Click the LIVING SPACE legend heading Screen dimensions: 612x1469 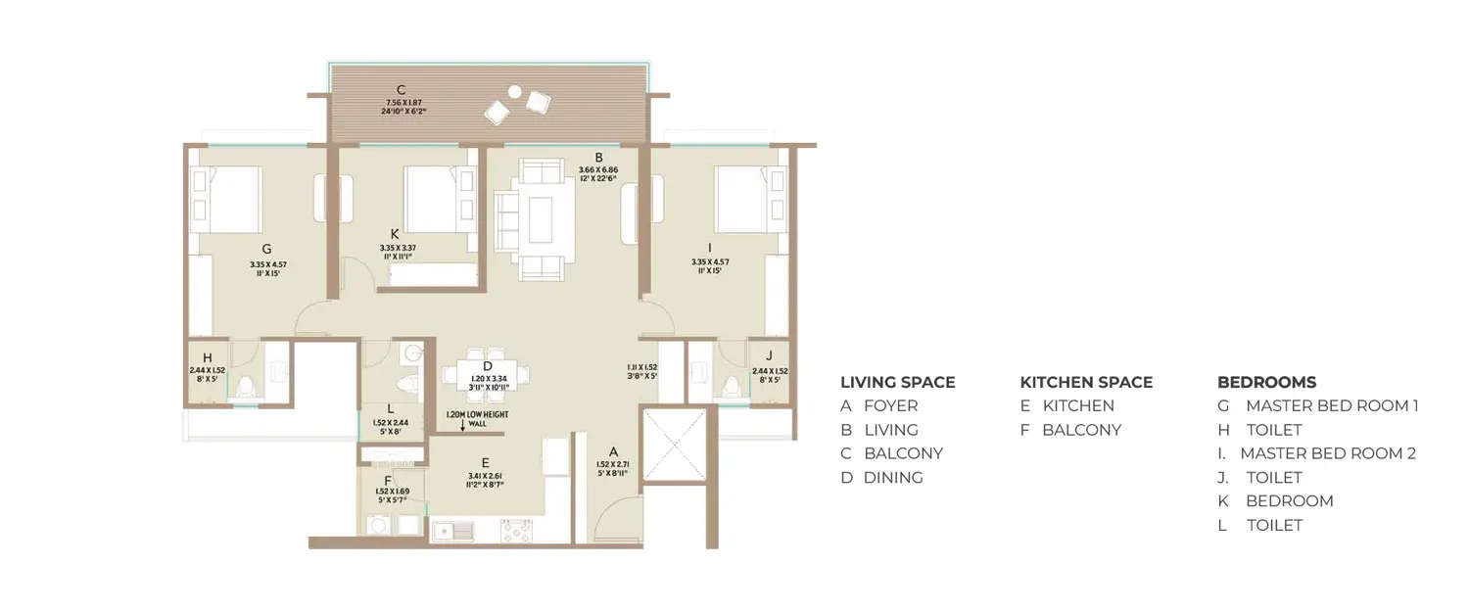(897, 382)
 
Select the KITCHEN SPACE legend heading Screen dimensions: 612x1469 (1086, 382)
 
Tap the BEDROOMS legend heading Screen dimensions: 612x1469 (1266, 382)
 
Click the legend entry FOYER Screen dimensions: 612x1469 (890, 405)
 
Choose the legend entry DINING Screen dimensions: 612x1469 (892, 478)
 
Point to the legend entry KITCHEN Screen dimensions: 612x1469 (1078, 405)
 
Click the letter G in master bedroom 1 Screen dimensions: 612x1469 (266, 249)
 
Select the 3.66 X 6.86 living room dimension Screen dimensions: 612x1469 (598, 169)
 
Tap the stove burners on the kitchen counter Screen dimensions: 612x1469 (516, 532)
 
